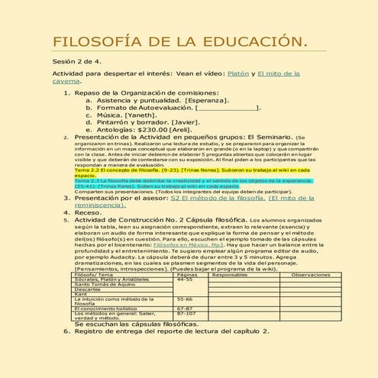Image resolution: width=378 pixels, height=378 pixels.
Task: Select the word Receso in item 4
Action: point(89,212)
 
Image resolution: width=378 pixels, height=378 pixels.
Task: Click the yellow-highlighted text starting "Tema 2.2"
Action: point(137,170)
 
